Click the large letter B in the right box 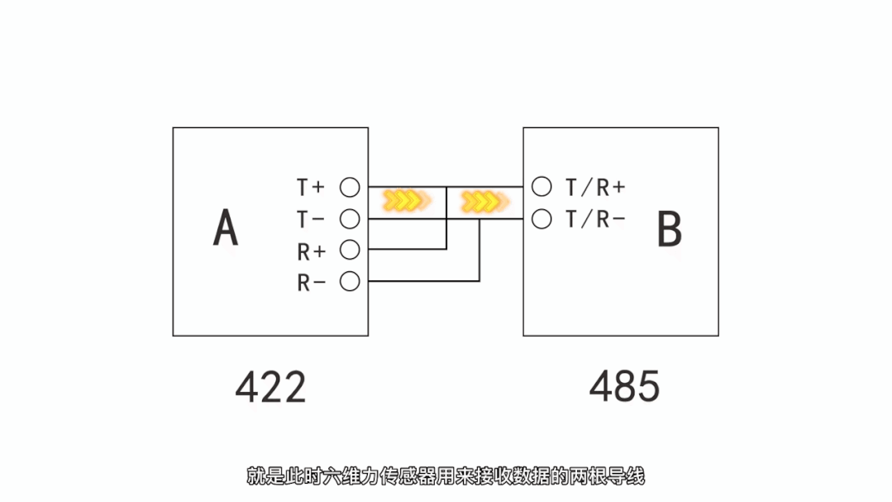[x=669, y=230]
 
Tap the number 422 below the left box [x=270, y=387]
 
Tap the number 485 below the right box [x=624, y=386]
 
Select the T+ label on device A [x=311, y=188]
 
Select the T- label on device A [x=311, y=219]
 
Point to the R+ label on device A [x=311, y=251]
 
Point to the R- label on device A [x=311, y=282]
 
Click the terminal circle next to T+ [x=351, y=187]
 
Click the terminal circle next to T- [x=351, y=218]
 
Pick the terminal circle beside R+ [x=351, y=249]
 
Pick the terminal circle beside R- [x=351, y=281]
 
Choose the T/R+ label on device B [x=594, y=188]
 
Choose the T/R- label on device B [x=594, y=219]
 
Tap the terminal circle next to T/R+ [x=541, y=187]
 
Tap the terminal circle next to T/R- [x=541, y=219]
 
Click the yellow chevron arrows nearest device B [x=483, y=200]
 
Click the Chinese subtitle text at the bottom [x=445, y=476]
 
